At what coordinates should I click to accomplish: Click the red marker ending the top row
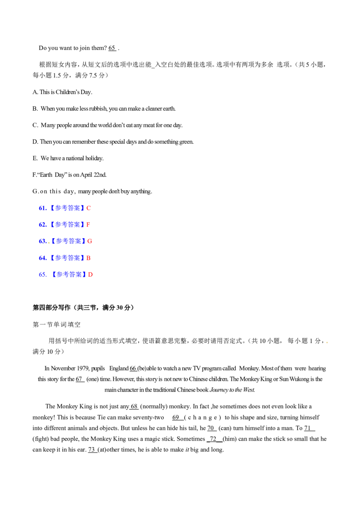click(x=89, y=208)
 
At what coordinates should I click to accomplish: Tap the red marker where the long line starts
click(x=88, y=224)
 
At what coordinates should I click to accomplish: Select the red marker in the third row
click(x=90, y=241)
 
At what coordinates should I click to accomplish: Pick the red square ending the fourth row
click(x=89, y=259)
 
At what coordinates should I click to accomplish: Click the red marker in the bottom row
click(x=90, y=274)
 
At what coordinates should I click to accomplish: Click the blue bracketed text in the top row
click(x=67, y=208)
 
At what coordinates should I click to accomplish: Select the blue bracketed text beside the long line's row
click(x=67, y=224)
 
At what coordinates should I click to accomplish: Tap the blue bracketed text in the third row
click(x=68, y=241)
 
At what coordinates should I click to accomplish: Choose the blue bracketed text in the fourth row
click(x=67, y=258)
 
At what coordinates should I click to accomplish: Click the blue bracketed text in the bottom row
click(x=68, y=274)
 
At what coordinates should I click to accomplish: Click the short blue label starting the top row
click(x=42, y=208)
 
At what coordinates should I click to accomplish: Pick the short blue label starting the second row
click(x=42, y=224)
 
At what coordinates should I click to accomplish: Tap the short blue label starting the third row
click(x=42, y=241)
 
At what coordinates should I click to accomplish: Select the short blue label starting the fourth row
click(x=42, y=259)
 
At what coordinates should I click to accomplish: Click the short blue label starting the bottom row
click(x=42, y=274)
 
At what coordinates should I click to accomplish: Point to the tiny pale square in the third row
click(x=49, y=243)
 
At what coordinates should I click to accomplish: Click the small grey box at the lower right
click(x=328, y=344)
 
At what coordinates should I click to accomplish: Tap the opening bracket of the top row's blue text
click(x=52, y=208)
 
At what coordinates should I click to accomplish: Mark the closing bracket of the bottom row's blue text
click(x=84, y=274)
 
